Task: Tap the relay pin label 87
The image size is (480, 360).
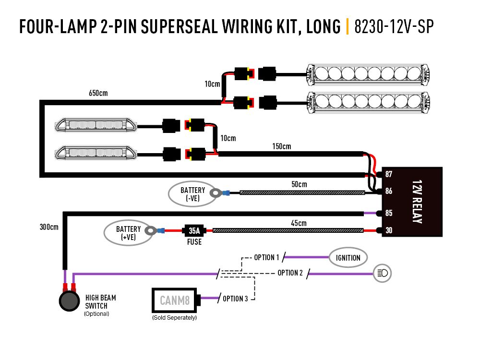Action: point(389,174)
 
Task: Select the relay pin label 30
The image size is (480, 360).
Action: point(389,231)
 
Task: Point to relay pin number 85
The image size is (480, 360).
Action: point(389,213)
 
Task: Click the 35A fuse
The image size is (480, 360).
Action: point(194,231)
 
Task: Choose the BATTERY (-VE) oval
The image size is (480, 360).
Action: point(192,194)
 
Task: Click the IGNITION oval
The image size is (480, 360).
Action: point(348,258)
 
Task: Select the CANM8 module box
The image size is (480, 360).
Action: point(175,300)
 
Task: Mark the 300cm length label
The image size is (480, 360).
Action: point(49,227)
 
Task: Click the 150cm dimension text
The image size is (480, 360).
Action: point(281,146)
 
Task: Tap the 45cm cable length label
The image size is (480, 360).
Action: point(298,223)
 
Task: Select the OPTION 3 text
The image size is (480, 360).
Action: point(236,299)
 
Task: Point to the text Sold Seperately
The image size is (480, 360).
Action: point(174,318)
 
